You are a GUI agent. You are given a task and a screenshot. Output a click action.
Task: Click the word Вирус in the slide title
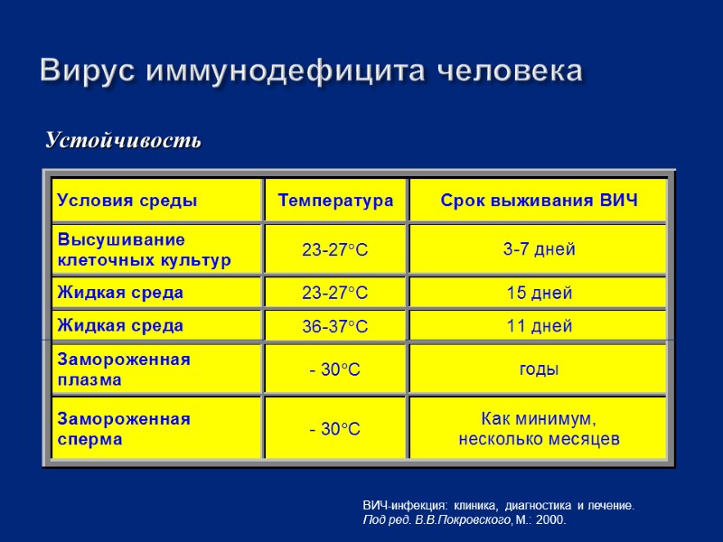88,70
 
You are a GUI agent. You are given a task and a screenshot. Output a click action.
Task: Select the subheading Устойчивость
124,141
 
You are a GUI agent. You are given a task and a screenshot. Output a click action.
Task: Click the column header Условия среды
127,201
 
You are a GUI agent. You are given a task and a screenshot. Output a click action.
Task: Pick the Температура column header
335,201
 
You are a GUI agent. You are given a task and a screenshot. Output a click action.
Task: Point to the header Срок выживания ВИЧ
539,201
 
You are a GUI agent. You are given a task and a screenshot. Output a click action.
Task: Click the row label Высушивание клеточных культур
145,250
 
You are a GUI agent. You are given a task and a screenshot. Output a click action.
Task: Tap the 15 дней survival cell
539,294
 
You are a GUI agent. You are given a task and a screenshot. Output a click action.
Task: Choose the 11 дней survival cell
539,326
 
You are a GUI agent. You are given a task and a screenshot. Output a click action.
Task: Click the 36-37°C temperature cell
335,326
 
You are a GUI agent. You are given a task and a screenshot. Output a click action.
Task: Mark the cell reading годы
539,369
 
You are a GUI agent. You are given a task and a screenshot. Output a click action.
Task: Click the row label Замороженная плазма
124,369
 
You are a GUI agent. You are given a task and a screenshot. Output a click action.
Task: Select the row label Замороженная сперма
124,429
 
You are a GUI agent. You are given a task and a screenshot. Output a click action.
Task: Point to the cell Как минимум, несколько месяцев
539,429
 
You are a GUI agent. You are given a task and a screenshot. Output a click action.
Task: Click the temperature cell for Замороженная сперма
335,429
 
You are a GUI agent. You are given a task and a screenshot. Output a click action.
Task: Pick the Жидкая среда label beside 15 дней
120,293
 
